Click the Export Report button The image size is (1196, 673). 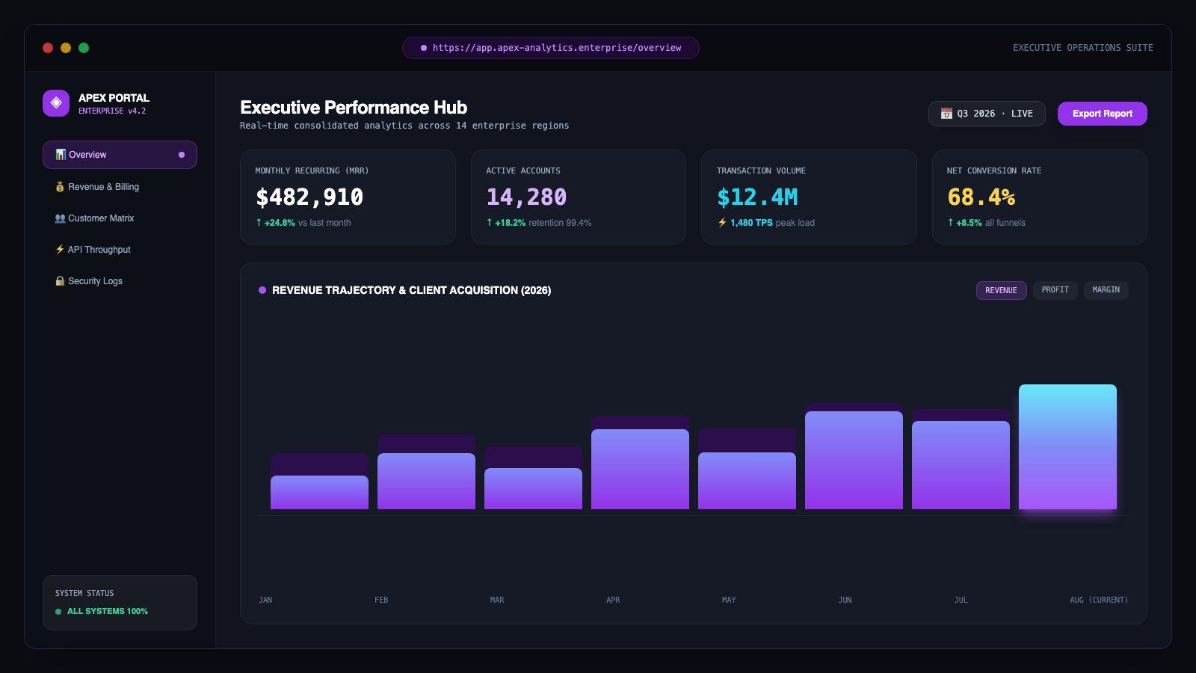1102,114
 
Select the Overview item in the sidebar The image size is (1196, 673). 120,155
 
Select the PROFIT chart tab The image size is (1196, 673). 1055,290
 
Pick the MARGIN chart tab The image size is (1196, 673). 1106,290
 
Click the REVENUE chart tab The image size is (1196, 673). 1001,291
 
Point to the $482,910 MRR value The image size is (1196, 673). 309,197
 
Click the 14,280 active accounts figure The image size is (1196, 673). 526,197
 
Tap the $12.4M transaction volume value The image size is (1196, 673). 757,197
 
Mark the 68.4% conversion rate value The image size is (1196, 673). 981,197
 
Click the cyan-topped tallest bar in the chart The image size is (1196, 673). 1067,446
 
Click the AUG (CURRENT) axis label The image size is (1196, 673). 1099,600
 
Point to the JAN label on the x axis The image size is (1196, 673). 265,600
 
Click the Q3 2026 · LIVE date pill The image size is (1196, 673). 987,114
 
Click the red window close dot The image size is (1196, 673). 48,48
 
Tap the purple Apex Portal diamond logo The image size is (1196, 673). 56,103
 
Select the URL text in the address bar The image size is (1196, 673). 557,48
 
